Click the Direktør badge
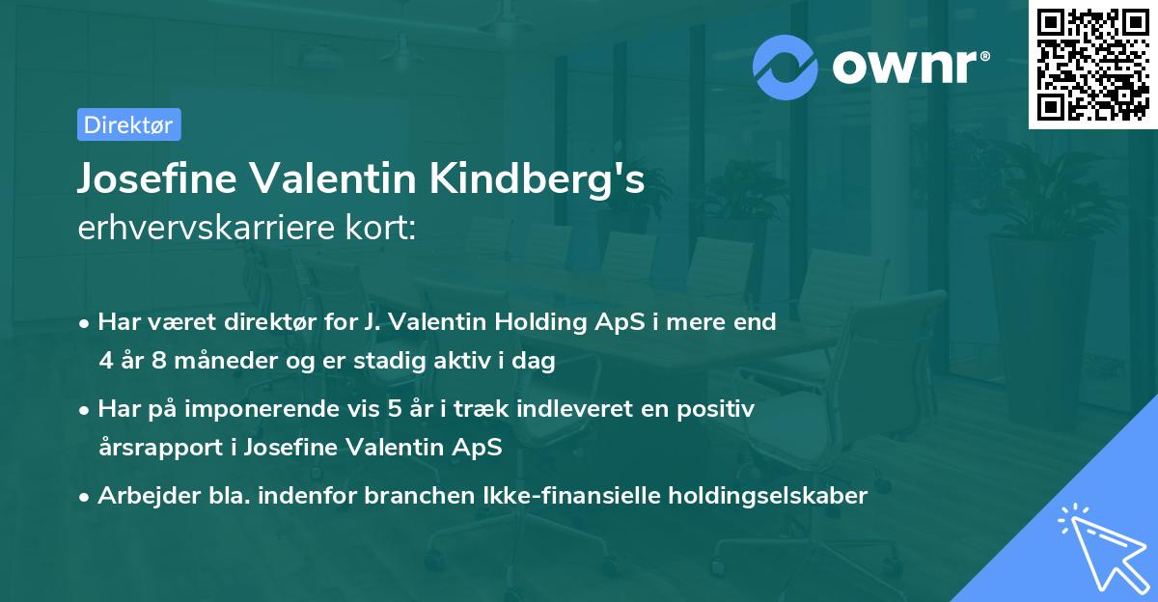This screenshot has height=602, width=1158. click(128, 124)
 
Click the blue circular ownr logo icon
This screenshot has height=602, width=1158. click(786, 67)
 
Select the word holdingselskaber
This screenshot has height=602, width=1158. click(768, 496)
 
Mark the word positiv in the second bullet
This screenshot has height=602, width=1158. click(719, 409)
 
